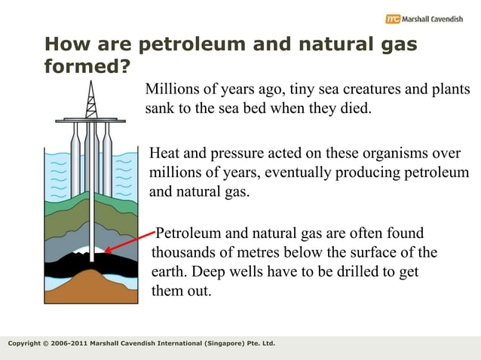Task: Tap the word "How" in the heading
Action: [x=67, y=44]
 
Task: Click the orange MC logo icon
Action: [x=392, y=18]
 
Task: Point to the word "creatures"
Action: [x=366, y=90]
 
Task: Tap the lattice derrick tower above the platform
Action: [x=90, y=98]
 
